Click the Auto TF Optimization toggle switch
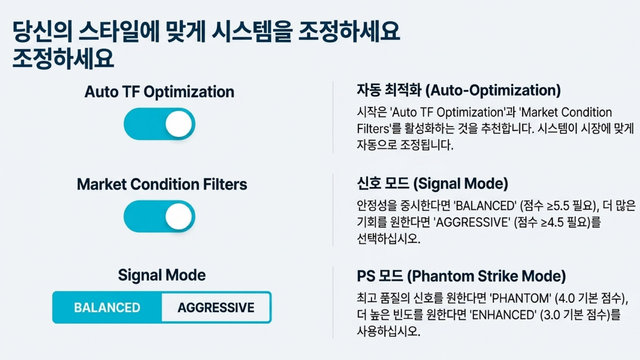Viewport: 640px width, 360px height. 159,124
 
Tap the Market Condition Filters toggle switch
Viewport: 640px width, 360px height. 159,216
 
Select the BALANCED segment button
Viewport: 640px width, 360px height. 107,307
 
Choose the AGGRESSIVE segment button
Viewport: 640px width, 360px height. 216,307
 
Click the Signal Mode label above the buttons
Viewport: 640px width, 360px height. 162,275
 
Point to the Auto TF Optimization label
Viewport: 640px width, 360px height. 159,92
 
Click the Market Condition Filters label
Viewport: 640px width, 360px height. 162,184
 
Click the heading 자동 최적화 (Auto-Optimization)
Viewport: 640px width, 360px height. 459,90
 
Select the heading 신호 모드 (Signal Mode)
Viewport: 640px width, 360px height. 432,183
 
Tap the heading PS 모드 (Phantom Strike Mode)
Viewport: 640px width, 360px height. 461,276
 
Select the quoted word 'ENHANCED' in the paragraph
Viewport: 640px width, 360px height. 503,315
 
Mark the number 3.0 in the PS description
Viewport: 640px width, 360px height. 551,315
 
